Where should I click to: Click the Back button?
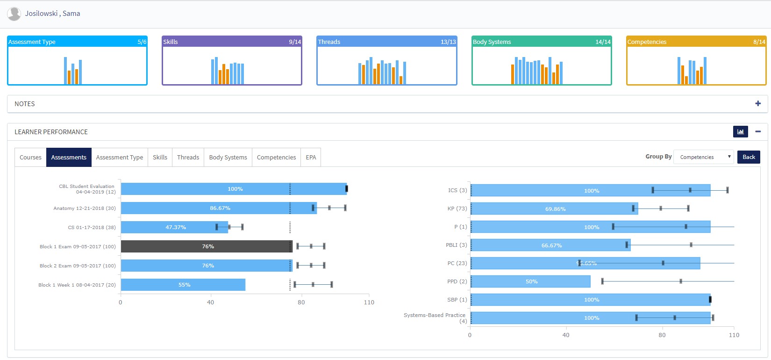pyautogui.click(x=749, y=157)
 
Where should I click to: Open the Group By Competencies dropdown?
pyautogui.click(x=703, y=157)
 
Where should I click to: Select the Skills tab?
pyautogui.click(x=160, y=158)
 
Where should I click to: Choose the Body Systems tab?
pyautogui.click(x=228, y=158)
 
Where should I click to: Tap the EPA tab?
pyautogui.click(x=311, y=158)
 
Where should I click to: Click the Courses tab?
pyautogui.click(x=30, y=158)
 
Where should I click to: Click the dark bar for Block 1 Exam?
pyautogui.click(x=206, y=246)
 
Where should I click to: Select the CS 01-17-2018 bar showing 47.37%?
pyautogui.click(x=174, y=227)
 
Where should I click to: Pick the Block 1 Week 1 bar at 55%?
pyautogui.click(x=183, y=285)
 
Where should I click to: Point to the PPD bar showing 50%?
pyautogui.click(x=530, y=281)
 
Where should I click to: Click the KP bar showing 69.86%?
pyautogui.click(x=554, y=209)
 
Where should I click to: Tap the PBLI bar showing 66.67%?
pyautogui.click(x=550, y=245)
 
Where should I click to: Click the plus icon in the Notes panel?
pyautogui.click(x=758, y=104)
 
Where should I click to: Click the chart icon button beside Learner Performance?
pyautogui.click(x=740, y=132)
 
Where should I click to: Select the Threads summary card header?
pyautogui.click(x=386, y=42)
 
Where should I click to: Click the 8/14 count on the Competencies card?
pyautogui.click(x=759, y=42)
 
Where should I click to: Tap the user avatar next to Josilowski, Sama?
pyautogui.click(x=14, y=14)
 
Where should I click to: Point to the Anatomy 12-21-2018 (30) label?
pyautogui.click(x=85, y=209)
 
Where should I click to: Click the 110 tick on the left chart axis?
pyautogui.click(x=369, y=302)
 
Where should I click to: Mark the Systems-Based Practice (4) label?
pyautogui.click(x=435, y=318)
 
